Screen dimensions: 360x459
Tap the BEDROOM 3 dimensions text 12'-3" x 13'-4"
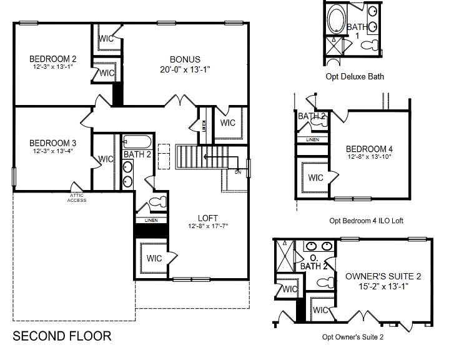(52, 151)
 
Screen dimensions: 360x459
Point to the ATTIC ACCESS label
(77, 198)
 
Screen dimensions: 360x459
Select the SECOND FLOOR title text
(62, 336)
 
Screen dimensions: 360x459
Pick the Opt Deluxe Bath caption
(355, 77)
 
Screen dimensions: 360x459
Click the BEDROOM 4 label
(369, 149)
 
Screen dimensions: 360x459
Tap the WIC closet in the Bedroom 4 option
(315, 177)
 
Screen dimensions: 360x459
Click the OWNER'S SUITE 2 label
(383, 276)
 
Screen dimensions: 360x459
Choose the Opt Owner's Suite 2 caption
(362, 337)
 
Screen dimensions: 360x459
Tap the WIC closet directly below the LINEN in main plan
(154, 257)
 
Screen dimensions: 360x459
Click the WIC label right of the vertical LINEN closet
(228, 122)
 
